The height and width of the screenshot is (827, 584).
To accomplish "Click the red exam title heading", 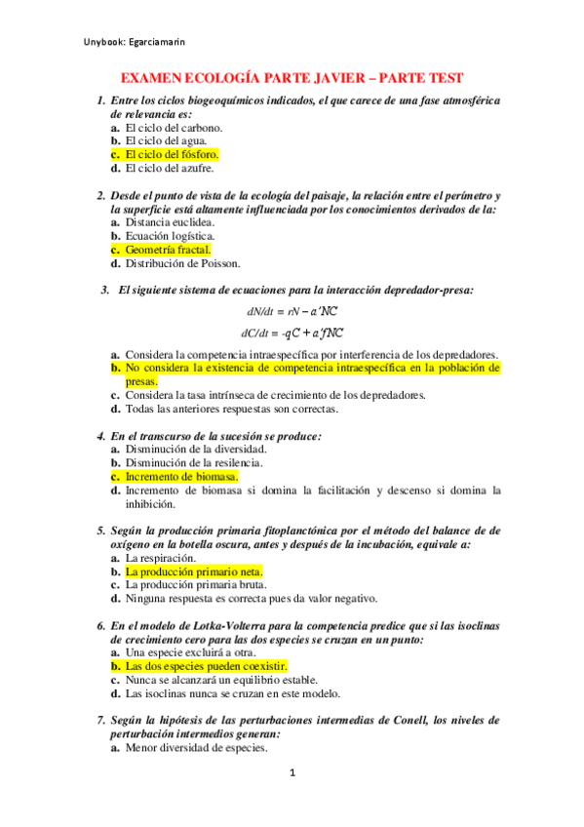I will coord(291,78).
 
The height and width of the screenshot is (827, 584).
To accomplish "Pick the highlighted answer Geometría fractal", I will coord(168,250).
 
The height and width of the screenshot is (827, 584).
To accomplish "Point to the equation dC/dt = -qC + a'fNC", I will coord(292,333).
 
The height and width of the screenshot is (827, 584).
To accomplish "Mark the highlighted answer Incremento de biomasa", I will coord(181,477).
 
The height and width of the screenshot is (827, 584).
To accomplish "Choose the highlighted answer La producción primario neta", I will coord(194,571).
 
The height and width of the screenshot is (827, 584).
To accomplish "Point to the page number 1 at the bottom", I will coord(292,802).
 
